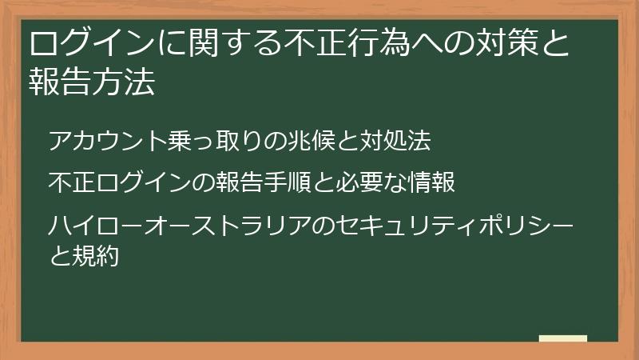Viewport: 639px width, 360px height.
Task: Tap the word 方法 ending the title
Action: tap(125, 82)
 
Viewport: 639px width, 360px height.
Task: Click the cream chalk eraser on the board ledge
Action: tap(562, 339)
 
